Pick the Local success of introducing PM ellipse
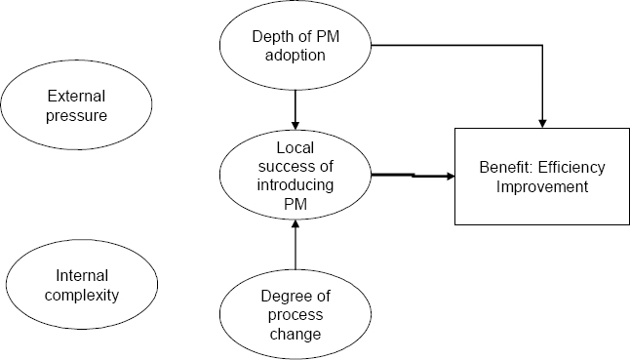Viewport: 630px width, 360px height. coord(294,177)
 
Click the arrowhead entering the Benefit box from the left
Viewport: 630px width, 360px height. coord(450,177)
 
